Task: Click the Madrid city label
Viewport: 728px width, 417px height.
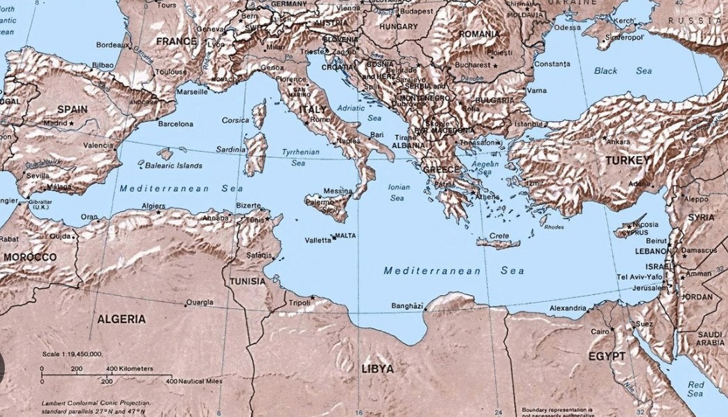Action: point(55,123)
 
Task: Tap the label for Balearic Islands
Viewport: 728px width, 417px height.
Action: point(173,166)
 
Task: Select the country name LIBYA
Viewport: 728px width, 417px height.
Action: point(377,369)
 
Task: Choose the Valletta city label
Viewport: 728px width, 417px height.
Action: point(318,240)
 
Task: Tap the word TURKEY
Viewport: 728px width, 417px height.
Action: point(627,160)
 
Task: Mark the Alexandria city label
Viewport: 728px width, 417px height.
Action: point(567,308)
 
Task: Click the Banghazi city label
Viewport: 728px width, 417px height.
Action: point(407,305)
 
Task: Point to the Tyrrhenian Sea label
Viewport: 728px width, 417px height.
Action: point(300,157)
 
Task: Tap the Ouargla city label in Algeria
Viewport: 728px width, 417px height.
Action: point(200,303)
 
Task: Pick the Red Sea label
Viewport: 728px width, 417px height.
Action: point(695,389)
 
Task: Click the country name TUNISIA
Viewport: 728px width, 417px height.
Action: point(247,282)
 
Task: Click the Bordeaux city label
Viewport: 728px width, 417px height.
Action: point(112,45)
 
